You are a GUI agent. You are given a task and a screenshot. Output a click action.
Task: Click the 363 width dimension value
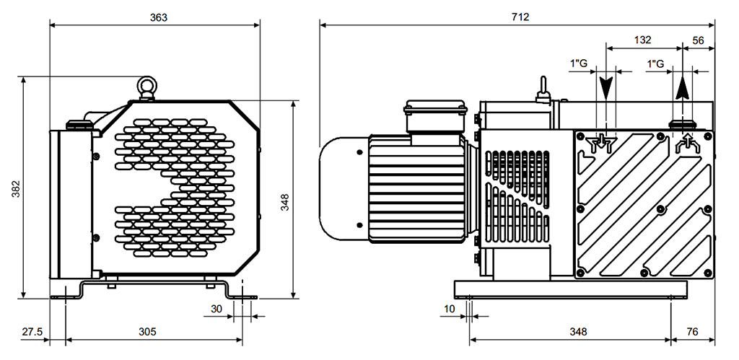[x=158, y=17]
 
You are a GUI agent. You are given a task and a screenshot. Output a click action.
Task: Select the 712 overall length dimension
[x=520, y=17]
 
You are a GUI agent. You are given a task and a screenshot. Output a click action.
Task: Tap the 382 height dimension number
[x=16, y=189]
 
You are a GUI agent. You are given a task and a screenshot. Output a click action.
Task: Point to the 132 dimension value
[x=642, y=40]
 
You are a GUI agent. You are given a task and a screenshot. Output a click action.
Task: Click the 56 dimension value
[x=698, y=40]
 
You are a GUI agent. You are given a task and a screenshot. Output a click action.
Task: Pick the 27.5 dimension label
[x=32, y=332]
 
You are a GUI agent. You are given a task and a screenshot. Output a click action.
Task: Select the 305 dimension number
[x=147, y=332]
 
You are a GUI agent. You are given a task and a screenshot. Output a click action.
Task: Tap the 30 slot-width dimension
[x=217, y=309]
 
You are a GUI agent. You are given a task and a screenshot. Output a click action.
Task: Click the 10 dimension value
[x=450, y=309]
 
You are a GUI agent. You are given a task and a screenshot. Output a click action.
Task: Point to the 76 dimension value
[x=692, y=332]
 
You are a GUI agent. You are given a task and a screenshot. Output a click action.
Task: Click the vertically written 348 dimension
[x=285, y=202]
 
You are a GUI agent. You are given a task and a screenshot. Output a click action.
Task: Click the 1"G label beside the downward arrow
[x=579, y=63]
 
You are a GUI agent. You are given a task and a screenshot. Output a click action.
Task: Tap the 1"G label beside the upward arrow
[x=656, y=63]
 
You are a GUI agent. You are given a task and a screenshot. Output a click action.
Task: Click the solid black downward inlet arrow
[x=605, y=87]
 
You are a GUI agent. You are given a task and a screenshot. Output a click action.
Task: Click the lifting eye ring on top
[x=147, y=87]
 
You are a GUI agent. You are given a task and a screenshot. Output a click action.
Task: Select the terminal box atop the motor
[x=435, y=116]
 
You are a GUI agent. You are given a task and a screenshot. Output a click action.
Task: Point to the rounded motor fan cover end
[x=344, y=188]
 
